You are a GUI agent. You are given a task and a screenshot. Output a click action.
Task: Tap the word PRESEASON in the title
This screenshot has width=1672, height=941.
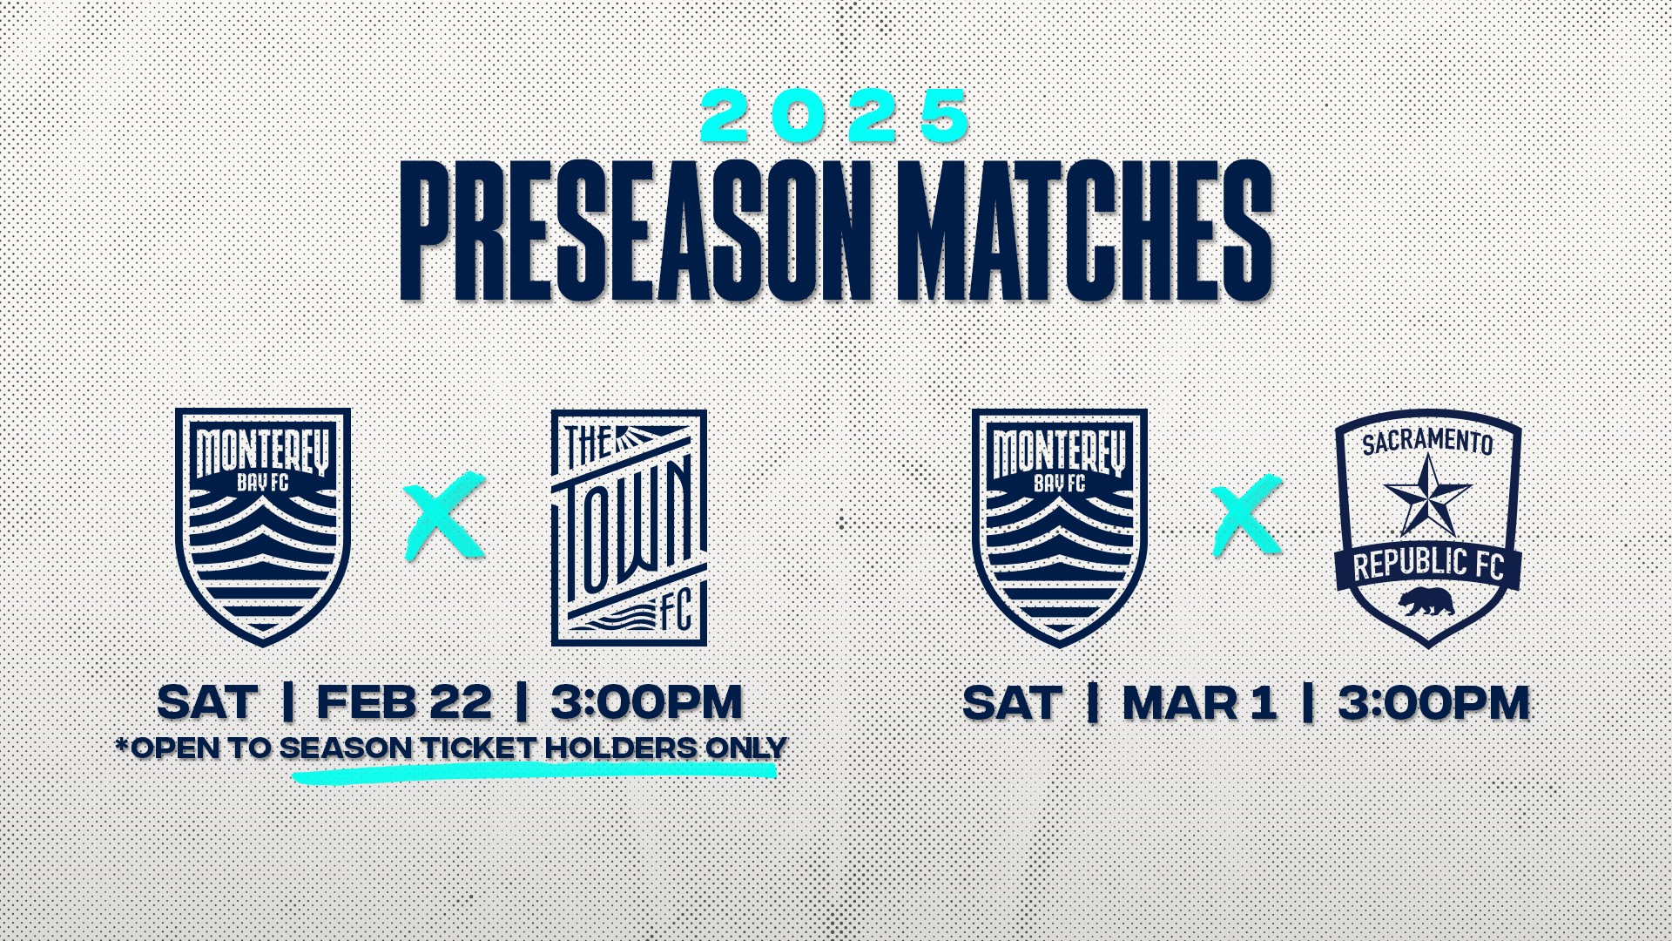coord(637,231)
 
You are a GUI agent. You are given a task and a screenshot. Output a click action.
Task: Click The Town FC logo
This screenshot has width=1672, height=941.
coord(629,528)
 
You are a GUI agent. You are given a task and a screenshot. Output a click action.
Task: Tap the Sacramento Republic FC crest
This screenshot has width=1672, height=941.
coord(1428,529)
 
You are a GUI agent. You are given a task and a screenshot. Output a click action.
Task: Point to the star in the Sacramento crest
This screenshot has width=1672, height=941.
coord(1428,496)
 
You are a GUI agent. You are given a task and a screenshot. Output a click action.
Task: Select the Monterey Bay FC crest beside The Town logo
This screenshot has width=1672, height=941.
coord(263,528)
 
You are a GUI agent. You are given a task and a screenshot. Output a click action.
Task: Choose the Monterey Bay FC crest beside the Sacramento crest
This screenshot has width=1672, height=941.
coord(1060,528)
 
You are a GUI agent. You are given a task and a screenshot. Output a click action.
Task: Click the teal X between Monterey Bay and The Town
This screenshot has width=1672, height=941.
coord(444,517)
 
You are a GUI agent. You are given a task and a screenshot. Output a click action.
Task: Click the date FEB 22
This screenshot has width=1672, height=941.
coord(404,702)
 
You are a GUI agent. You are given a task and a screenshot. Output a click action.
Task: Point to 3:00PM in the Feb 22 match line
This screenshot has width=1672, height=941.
coord(646,702)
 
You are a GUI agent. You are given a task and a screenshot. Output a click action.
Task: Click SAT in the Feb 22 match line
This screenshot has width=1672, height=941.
coord(208,702)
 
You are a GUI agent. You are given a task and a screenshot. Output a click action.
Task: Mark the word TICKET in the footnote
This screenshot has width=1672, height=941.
coord(478,748)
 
